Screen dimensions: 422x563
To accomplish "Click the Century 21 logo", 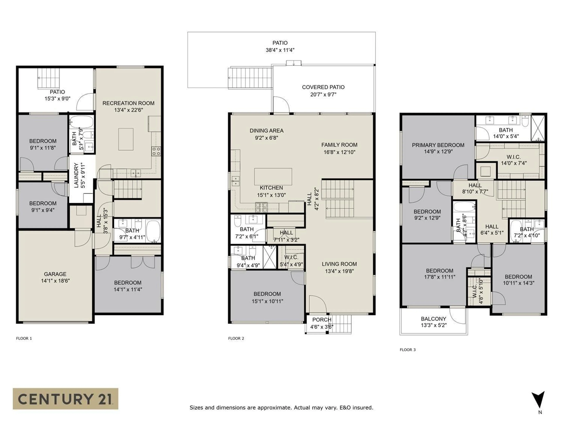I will click(65, 399).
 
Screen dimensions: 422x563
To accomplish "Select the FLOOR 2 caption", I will click(236, 338).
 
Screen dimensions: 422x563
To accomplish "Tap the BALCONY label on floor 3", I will click(433, 319).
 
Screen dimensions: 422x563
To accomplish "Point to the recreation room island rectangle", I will click(126, 139).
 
